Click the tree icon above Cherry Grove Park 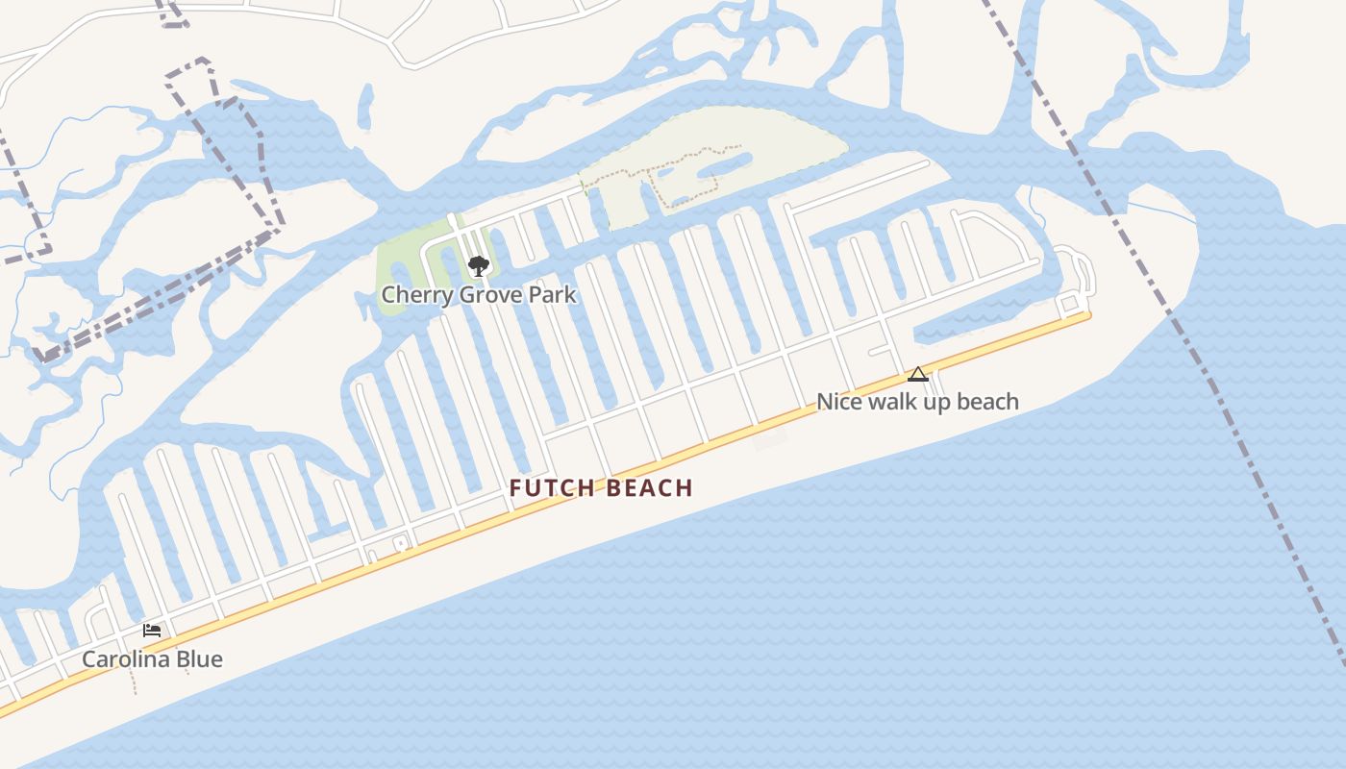click(478, 265)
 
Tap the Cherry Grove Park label click(479, 294)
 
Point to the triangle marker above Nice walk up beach click(918, 374)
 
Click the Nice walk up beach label click(917, 402)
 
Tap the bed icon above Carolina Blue click(152, 631)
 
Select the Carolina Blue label click(152, 659)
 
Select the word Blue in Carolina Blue click(200, 659)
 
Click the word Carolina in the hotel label click(127, 659)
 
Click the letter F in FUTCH click(515, 488)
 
